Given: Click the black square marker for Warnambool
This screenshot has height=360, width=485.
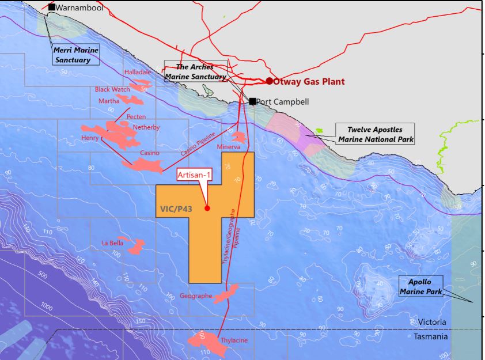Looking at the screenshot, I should pos(52,7).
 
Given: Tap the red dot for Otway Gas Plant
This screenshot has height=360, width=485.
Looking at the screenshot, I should pos(269,81).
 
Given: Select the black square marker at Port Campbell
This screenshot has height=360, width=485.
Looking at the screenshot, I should pos(252,101).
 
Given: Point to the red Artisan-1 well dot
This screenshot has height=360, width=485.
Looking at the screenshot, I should pos(207,209).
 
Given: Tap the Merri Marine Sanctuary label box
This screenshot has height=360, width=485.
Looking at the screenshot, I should pos(76,55).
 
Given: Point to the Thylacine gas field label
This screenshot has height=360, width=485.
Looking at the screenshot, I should pos(234,340).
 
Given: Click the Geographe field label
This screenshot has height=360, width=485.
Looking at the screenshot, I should pos(196,296).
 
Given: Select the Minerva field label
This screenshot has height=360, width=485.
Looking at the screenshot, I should pos(229,147).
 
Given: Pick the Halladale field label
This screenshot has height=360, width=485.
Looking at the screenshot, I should pos(137,72).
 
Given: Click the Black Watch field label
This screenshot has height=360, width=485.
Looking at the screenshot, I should pos(112,89).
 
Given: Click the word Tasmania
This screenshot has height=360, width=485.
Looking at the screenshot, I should pos(431,337).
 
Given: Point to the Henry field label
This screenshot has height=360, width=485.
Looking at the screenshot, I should pos(90,138).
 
